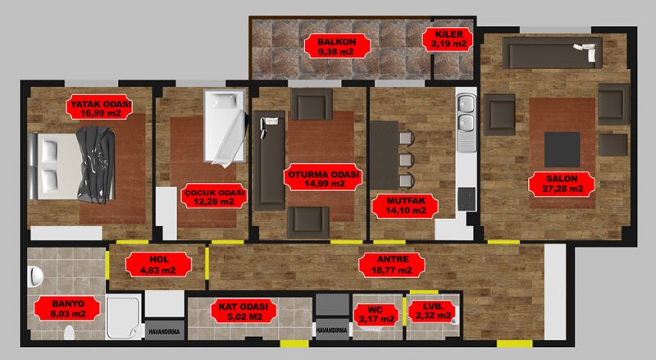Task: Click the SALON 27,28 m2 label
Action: click(x=562, y=185)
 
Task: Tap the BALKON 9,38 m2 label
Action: click(x=337, y=47)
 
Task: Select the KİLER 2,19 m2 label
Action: click(x=448, y=39)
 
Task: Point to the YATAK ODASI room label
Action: click(x=99, y=107)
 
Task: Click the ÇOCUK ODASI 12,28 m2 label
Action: click(x=214, y=196)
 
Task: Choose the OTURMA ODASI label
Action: click(x=322, y=178)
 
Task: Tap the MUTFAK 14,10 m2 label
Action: click(x=405, y=206)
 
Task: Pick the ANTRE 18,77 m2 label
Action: click(x=392, y=265)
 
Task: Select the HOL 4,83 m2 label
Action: click(x=158, y=265)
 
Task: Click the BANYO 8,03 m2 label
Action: click(x=67, y=308)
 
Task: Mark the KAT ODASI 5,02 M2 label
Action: click(x=243, y=312)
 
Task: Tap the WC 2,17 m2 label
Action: click(x=376, y=315)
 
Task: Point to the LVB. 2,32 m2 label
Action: click(x=433, y=311)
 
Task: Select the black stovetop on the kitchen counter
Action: click(x=466, y=198)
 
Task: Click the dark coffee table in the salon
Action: click(x=563, y=149)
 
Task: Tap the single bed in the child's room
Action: click(x=225, y=127)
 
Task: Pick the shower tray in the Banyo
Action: click(x=123, y=317)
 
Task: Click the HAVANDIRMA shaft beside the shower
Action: click(x=165, y=330)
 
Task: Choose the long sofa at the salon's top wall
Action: click(x=552, y=52)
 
